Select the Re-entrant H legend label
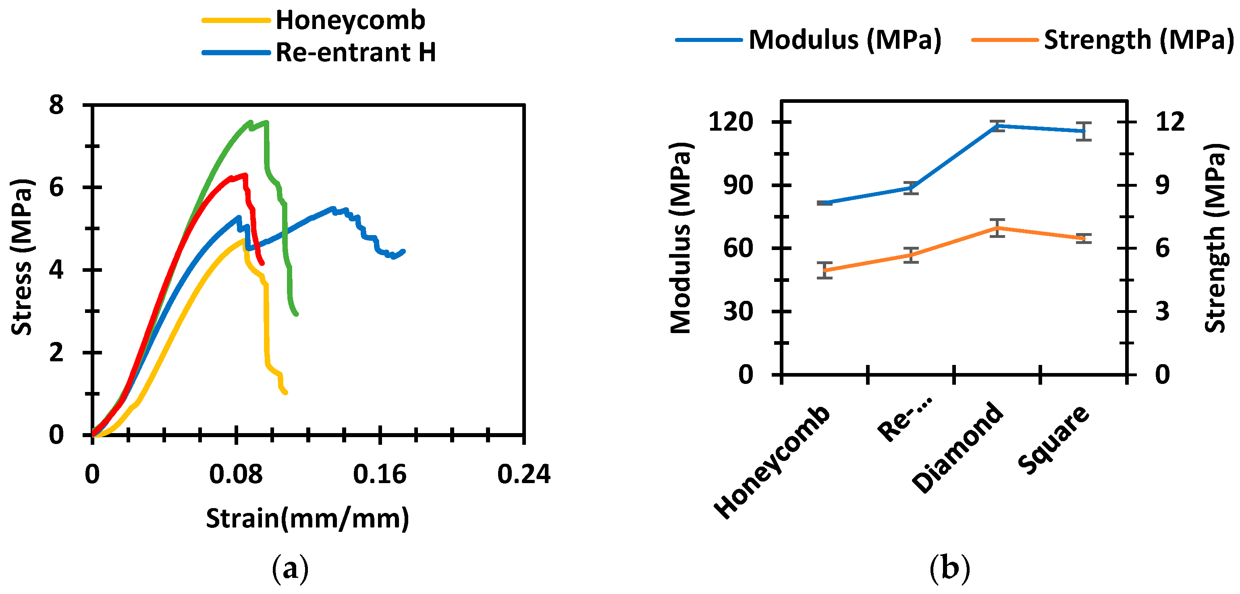(x=355, y=52)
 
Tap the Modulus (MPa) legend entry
(x=844, y=40)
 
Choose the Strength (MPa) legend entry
(x=1138, y=40)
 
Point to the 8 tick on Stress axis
(x=56, y=104)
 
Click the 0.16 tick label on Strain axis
(x=380, y=474)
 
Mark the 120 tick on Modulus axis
(x=731, y=122)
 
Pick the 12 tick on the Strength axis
(x=1170, y=122)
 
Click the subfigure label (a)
(x=290, y=569)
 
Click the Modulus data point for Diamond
(x=997, y=126)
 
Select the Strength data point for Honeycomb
(x=825, y=270)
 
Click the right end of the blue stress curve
(x=403, y=251)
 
